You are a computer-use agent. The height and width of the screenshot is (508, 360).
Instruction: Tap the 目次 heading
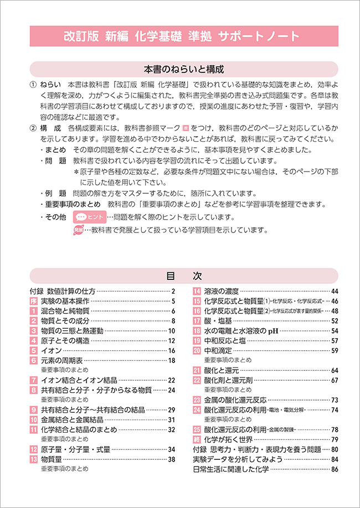[183, 276]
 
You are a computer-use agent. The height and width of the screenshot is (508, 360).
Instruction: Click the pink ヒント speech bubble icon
[90, 217]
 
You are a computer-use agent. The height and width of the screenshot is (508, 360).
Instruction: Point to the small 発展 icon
[78, 230]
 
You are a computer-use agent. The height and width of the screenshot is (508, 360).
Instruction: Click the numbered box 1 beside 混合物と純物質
[34, 311]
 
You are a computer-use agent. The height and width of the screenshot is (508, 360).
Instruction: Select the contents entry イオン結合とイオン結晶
[79, 380]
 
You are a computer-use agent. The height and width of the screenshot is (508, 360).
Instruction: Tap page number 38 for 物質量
[171, 459]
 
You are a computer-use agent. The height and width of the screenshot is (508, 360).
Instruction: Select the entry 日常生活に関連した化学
[230, 469]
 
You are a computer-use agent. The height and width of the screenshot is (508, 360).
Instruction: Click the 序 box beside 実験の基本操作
[34, 301]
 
